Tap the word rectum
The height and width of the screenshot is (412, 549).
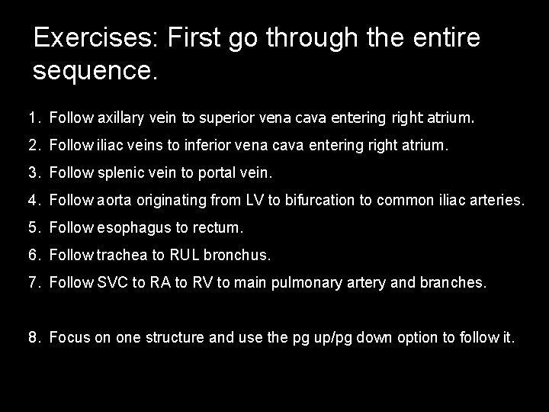click(220, 227)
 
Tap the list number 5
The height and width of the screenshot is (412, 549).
click(32, 227)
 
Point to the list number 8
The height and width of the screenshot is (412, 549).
click(32, 336)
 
